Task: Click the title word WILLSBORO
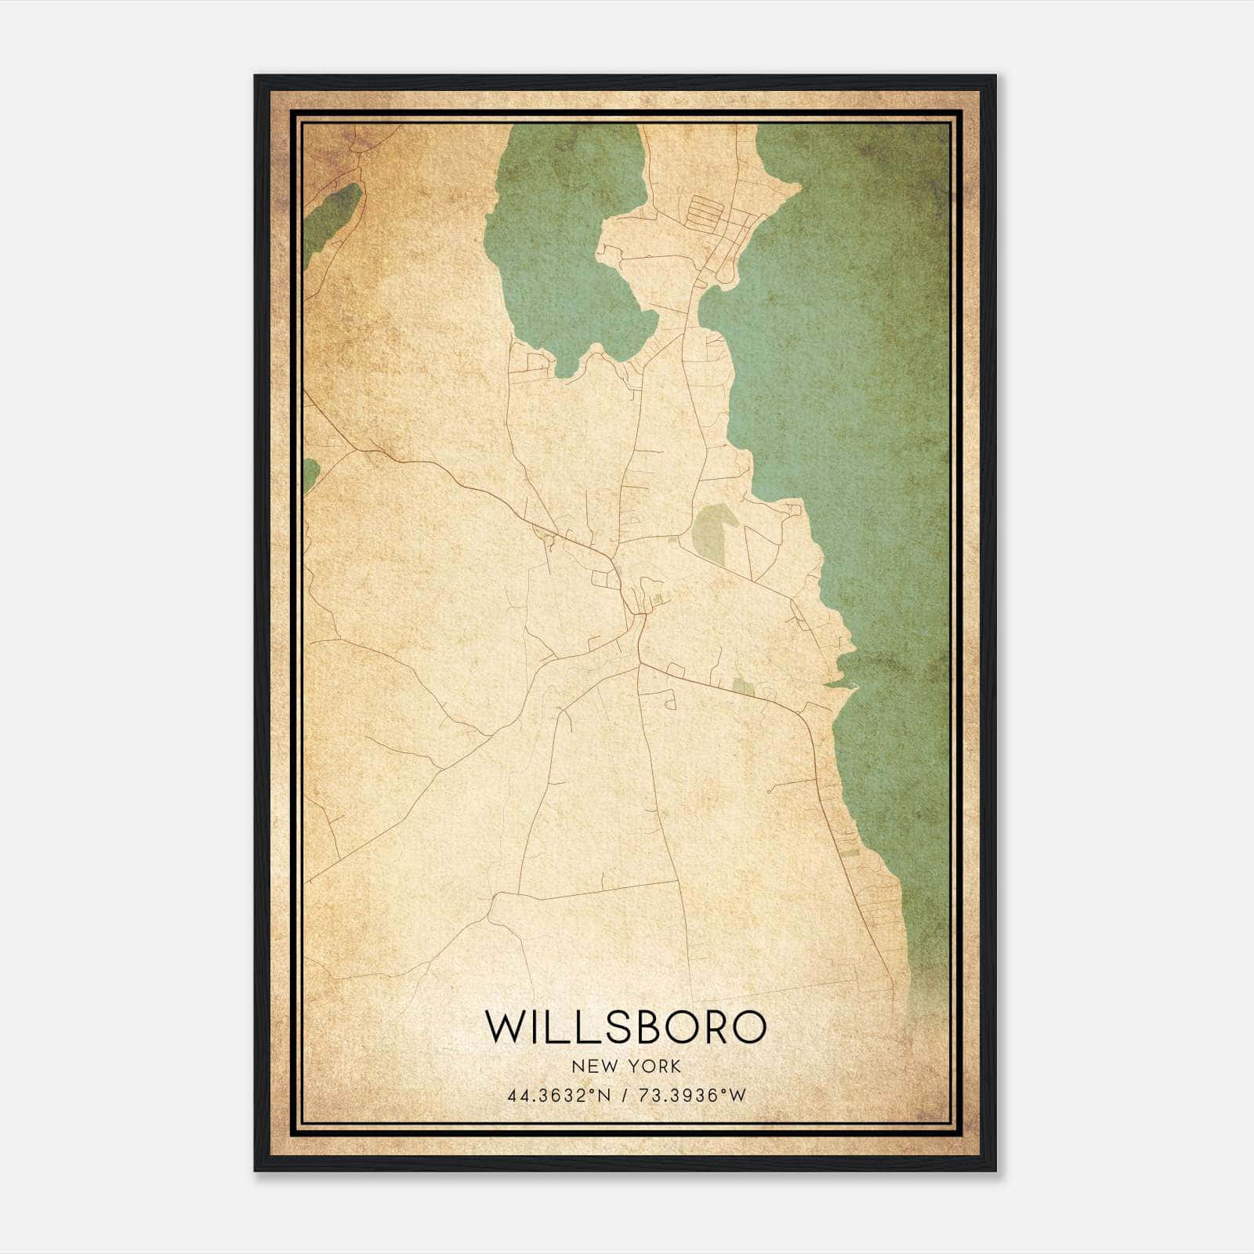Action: coord(625,1027)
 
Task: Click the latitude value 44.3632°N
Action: coord(559,1096)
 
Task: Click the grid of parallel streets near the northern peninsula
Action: coord(713,212)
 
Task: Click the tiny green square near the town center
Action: coord(657,600)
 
